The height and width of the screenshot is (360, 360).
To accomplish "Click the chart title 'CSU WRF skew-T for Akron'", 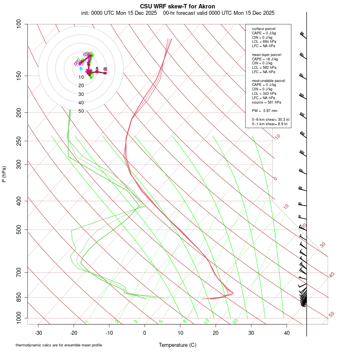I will (177, 6).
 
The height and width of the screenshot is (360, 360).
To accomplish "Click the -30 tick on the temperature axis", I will (38, 333).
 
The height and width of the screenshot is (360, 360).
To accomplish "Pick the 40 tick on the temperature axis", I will (286, 333).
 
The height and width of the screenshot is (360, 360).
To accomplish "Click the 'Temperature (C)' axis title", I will (177, 345).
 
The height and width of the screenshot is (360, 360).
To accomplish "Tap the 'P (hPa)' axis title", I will (4, 174).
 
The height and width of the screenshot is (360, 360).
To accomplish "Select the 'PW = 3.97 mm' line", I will (264, 111).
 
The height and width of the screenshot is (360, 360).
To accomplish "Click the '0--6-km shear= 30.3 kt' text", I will (270, 120).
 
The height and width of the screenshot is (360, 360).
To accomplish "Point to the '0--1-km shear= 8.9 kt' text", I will (270, 124).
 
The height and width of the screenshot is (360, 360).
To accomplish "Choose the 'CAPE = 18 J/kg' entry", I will (265, 59).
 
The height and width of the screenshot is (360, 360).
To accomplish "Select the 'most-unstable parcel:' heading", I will (269, 80).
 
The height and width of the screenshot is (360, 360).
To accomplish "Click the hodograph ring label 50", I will (81, 111).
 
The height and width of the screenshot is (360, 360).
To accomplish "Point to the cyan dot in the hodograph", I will (81, 68).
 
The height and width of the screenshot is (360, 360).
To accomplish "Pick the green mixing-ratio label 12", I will (207, 321).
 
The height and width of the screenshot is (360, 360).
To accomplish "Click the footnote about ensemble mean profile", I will (59, 345).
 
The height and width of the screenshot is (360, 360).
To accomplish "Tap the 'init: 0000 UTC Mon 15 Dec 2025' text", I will (120, 13).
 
